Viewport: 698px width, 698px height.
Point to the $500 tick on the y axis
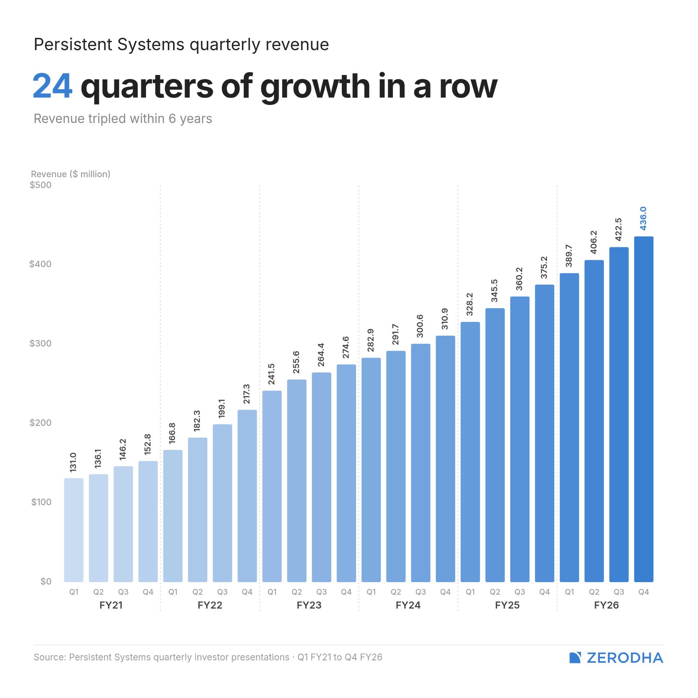[41, 185]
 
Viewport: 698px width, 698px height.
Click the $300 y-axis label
[41, 343]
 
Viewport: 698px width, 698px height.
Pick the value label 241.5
[271, 374]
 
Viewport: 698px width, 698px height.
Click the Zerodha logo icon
[575, 657]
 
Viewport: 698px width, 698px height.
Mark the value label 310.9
[445, 319]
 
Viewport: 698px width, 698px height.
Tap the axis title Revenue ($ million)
[71, 174]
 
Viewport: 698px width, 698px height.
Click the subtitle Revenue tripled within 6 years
[123, 119]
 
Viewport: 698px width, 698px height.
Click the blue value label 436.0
[643, 218]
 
